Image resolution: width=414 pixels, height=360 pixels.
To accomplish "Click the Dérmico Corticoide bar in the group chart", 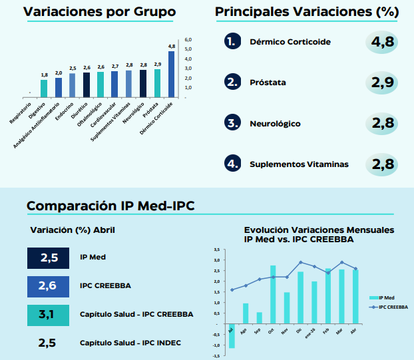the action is (171, 74).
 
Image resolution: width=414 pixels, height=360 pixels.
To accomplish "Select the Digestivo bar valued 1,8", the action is (44, 89).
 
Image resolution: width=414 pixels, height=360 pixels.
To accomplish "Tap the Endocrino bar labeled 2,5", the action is (72, 86).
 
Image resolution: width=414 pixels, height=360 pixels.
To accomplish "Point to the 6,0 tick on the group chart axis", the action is (188, 39).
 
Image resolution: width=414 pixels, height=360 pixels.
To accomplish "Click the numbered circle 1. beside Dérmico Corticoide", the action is (232, 41).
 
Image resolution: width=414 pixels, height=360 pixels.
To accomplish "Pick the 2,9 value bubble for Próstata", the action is (382, 83).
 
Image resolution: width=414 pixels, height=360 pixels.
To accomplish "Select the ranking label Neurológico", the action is (275, 124).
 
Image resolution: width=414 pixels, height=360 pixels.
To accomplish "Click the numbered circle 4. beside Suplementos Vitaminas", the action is (232, 164).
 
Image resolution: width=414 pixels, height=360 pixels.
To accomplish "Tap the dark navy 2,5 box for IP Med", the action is (49, 258).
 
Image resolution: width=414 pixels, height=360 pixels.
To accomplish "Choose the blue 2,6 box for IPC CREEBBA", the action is (49, 287).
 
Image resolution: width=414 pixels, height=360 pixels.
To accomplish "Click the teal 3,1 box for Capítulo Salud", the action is (49, 315).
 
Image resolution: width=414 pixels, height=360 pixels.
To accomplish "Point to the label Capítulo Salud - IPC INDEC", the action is (130, 343).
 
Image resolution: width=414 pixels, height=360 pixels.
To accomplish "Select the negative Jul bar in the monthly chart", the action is (232, 336).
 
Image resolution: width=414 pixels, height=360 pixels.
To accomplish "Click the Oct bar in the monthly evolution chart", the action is (273, 295).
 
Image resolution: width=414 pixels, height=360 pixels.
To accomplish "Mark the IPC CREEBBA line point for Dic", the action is (300, 262).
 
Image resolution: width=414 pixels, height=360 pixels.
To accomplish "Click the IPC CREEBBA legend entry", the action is (389, 307).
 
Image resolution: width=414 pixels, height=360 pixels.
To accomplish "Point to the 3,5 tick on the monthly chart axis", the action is (217, 250).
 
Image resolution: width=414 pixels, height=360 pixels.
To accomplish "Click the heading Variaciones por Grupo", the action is (100, 11).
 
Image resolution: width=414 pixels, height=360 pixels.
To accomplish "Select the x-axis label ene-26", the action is (310, 333).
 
